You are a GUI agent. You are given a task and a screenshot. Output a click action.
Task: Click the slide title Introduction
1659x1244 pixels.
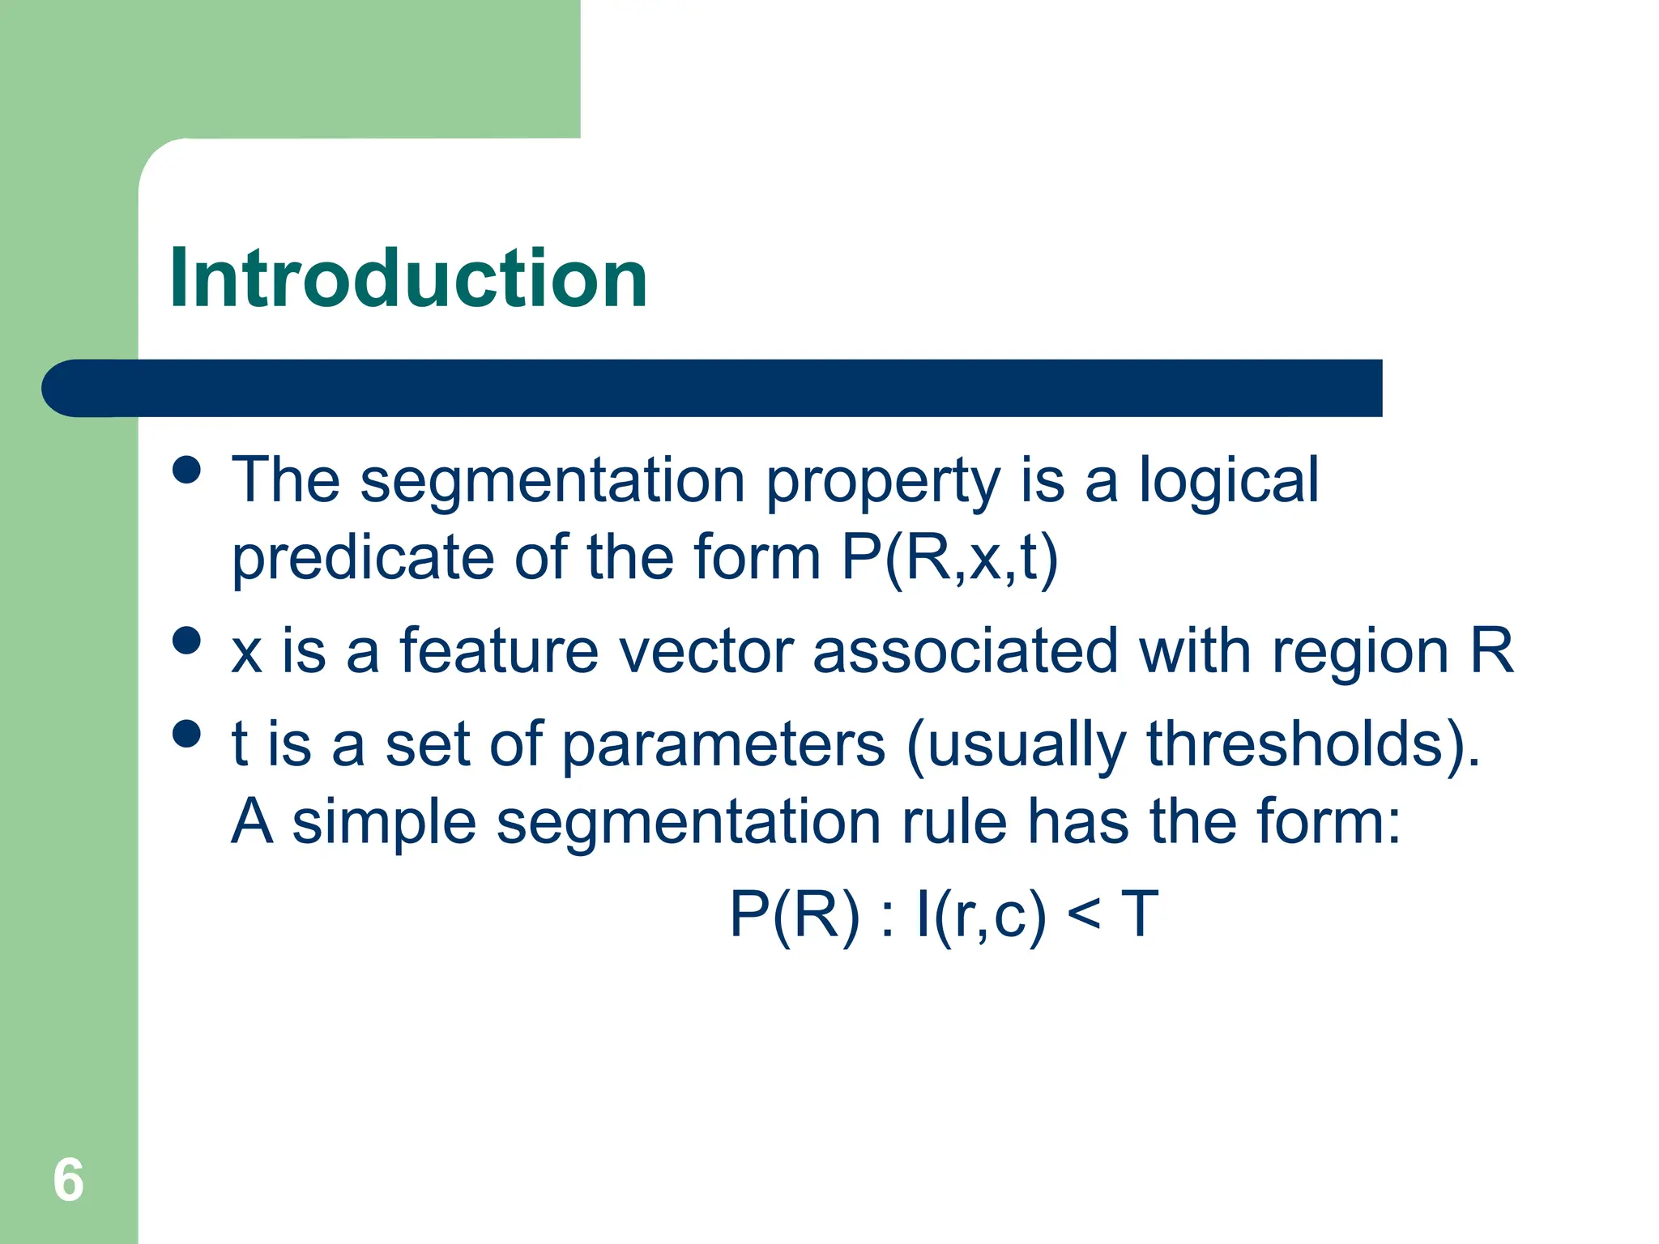click(408, 279)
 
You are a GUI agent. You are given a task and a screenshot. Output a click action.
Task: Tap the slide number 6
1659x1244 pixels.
click(68, 1180)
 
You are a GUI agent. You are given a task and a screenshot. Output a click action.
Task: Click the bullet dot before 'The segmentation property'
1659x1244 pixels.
click(187, 470)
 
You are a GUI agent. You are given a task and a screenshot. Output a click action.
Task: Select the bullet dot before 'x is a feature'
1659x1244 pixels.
click(187, 640)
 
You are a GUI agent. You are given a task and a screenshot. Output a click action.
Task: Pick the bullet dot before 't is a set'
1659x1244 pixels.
click(187, 734)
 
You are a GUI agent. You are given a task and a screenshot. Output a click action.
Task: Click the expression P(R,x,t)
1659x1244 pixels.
click(949, 559)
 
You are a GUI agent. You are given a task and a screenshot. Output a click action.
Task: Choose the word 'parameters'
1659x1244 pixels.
click(723, 745)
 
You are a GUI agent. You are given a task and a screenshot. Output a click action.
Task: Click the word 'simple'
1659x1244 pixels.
click(384, 823)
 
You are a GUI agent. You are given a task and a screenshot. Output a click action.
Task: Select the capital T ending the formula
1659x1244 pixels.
click(1140, 914)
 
